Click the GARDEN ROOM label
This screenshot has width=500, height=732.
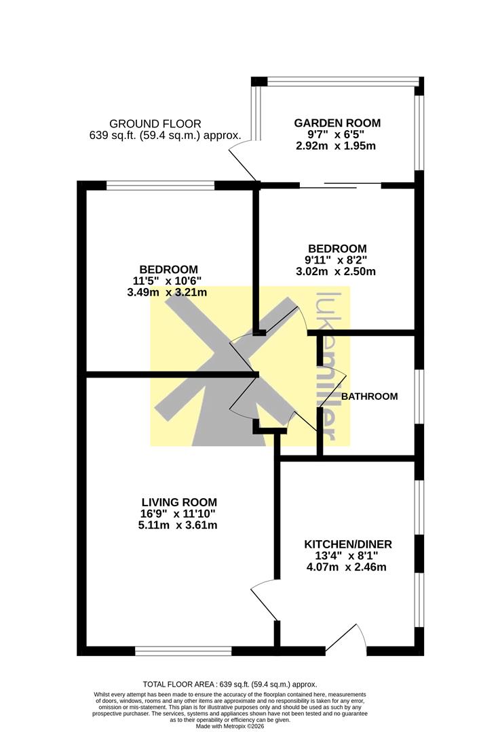point(337,123)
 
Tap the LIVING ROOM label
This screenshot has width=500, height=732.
point(179,502)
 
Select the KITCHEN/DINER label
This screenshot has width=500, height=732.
point(347,544)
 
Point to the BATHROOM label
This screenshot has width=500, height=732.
point(369,396)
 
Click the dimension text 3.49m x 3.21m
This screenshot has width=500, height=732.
point(167,293)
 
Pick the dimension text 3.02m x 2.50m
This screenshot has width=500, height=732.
point(336,271)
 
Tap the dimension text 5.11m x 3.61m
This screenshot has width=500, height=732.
point(178,525)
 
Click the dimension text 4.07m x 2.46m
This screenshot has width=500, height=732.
point(346,567)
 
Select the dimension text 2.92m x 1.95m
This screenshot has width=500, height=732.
point(336,146)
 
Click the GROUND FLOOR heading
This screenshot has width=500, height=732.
point(155,124)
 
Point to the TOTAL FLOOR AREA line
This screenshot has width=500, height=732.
point(230,685)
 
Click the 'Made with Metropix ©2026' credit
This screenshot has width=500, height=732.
point(229,727)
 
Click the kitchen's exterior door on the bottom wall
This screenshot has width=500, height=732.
point(346,637)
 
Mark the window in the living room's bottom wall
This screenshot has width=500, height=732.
point(183,651)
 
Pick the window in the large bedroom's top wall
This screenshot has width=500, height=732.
point(160,185)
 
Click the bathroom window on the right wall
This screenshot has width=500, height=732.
point(419,396)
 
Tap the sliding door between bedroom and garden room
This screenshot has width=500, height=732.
point(340,186)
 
